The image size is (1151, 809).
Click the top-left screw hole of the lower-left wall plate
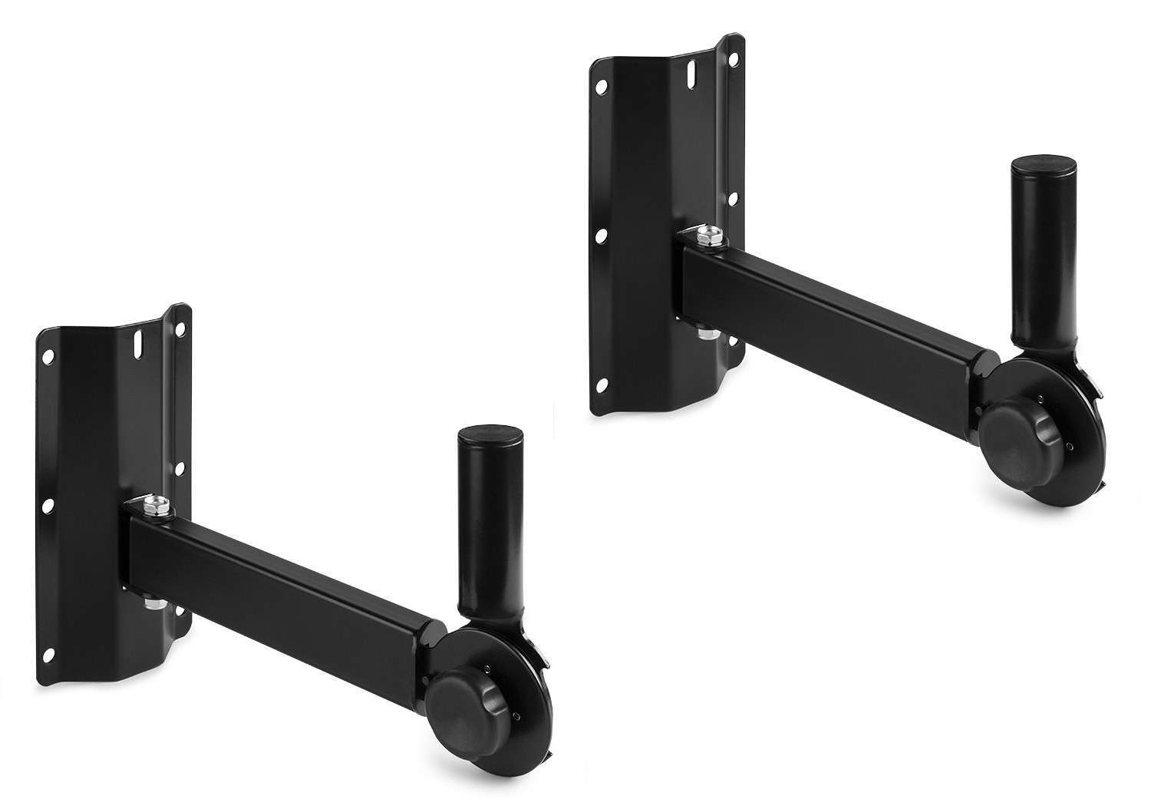(49, 358)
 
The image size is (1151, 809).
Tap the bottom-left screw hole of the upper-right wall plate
(602, 382)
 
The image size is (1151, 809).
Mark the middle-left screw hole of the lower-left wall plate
(48, 504)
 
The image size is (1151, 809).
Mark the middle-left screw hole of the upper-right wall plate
(602, 235)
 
